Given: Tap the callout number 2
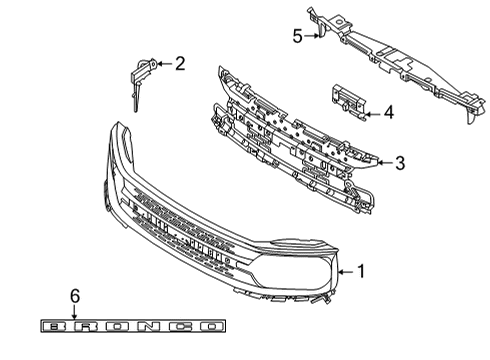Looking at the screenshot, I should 180,65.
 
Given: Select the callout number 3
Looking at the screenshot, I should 399,163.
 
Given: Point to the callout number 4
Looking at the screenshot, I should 388,114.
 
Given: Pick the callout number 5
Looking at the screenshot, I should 297,37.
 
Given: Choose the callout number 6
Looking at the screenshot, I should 74,296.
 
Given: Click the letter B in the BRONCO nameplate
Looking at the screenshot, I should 57,325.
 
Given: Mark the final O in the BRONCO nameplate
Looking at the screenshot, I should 209,325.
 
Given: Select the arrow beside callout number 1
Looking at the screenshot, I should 345,270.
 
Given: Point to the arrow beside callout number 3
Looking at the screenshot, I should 382,163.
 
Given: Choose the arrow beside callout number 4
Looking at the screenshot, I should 371,114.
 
